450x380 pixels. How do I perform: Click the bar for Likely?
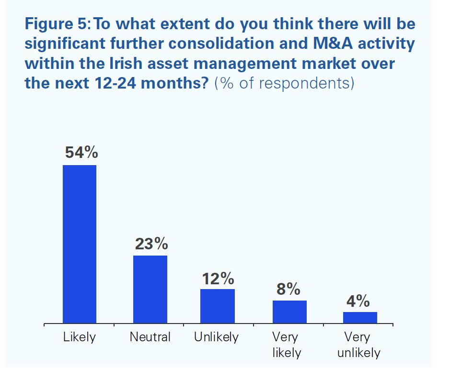click(x=80, y=244)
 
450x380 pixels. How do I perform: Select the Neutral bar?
click(x=150, y=289)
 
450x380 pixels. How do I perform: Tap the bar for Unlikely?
click(x=218, y=306)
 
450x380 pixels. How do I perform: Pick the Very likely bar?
click(x=289, y=312)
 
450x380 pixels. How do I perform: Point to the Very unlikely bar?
click(x=360, y=317)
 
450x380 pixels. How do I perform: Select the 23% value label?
click(x=151, y=244)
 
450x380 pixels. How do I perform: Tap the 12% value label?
click(x=218, y=278)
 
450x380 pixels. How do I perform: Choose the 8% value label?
click(x=288, y=290)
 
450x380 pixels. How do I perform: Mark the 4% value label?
click(x=358, y=301)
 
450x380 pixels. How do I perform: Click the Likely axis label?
click(x=80, y=337)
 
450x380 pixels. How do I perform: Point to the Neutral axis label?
click(x=150, y=337)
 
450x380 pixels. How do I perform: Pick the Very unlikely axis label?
click(x=358, y=345)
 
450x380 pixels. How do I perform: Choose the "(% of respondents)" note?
click(x=284, y=84)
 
